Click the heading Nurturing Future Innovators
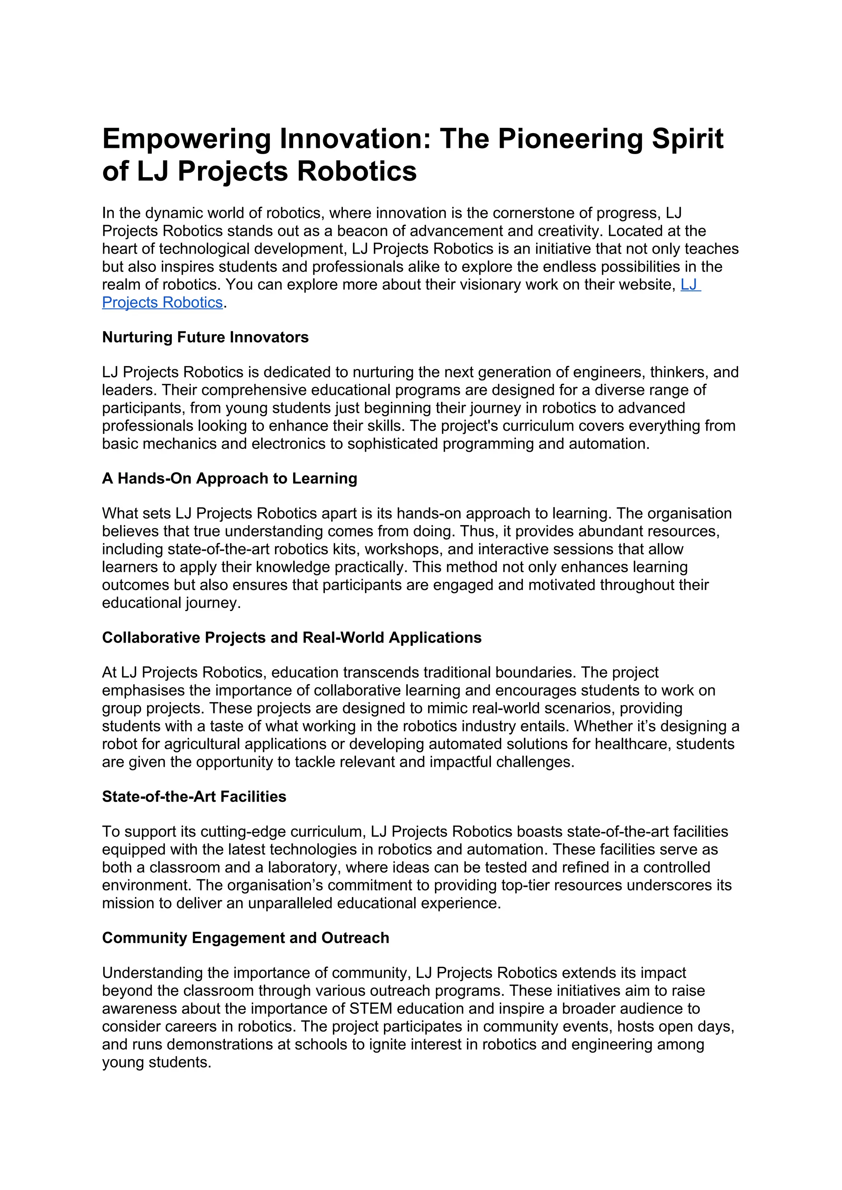click(x=205, y=337)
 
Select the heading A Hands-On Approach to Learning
click(x=229, y=478)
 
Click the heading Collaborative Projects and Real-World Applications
click(x=291, y=637)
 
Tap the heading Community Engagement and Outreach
click(x=245, y=938)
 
